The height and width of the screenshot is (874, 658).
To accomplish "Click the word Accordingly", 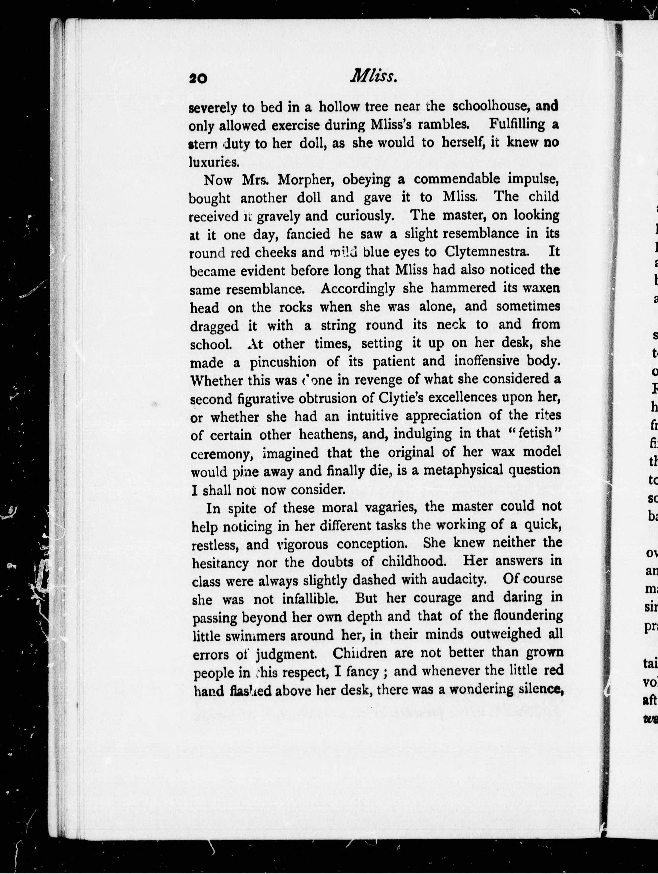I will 358,288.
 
